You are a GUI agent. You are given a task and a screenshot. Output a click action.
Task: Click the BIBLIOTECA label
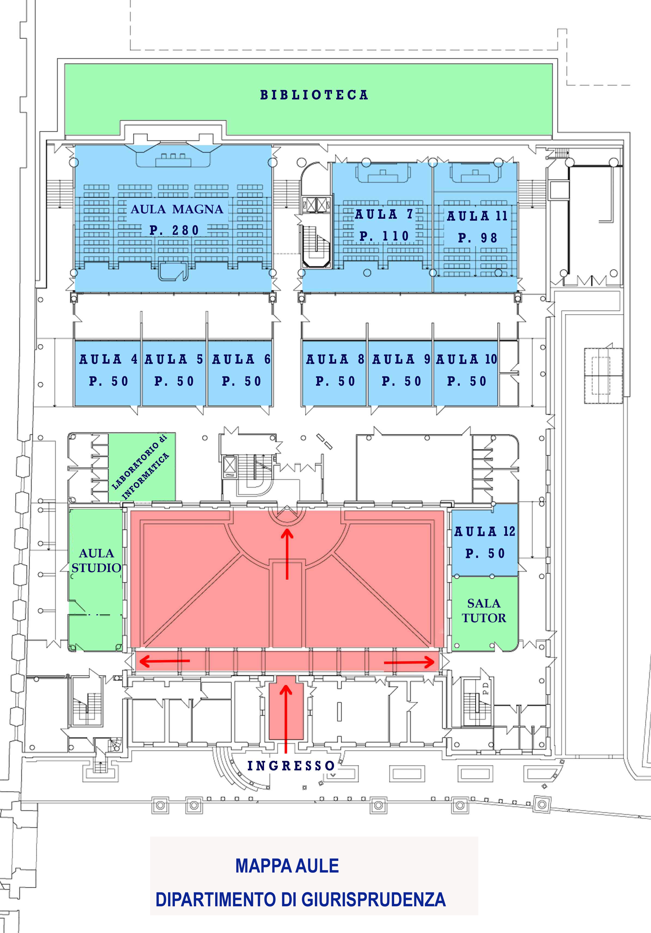click(314, 95)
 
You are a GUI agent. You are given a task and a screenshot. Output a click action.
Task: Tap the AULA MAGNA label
click(177, 209)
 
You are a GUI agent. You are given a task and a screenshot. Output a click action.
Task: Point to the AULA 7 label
click(384, 214)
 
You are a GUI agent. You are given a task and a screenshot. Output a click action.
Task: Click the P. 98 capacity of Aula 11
click(477, 238)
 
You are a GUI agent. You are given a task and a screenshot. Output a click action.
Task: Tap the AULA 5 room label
click(174, 359)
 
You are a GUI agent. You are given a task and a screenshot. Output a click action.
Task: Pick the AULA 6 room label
click(241, 359)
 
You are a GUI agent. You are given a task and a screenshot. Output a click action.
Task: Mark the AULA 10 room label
click(467, 359)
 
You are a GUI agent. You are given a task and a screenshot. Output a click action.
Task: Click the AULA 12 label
click(484, 531)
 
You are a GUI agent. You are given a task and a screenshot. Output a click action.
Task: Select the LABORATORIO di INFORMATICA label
click(140, 467)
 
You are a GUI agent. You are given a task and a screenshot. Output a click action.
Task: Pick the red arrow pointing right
click(409, 663)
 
